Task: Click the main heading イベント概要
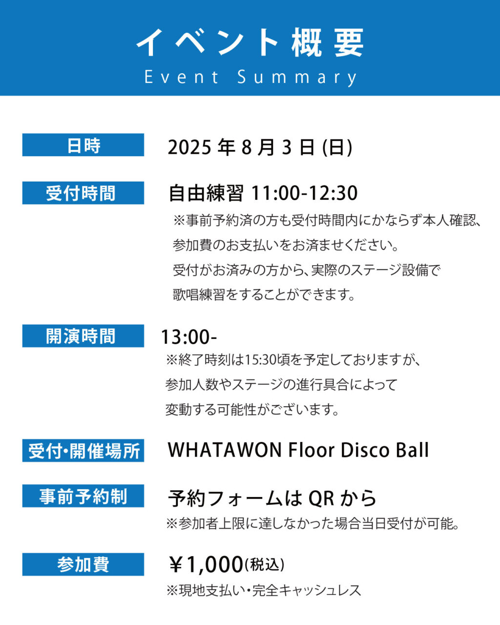tap(250, 42)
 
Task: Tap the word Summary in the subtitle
tap(297, 78)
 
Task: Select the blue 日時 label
tap(83, 145)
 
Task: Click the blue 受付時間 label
tap(83, 193)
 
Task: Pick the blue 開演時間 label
tap(83, 336)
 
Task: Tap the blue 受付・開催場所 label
tap(83, 451)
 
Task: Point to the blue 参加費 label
tap(83, 564)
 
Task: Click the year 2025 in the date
tap(189, 147)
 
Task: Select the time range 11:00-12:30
tap(304, 193)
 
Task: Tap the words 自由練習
tap(206, 193)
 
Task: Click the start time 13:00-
tap(189, 337)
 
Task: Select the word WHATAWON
tap(225, 450)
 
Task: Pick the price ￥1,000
tap(206, 564)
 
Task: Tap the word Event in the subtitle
tap(182, 77)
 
